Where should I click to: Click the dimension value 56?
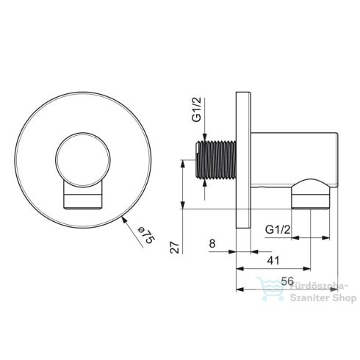click(287, 281)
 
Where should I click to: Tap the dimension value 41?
click(273, 261)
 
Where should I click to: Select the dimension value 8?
click(212, 243)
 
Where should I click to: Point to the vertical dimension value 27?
click(175, 248)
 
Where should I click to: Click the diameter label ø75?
click(146, 236)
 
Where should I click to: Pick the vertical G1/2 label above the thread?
click(196, 109)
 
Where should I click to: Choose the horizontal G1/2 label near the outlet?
click(278, 229)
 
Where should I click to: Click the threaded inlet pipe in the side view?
click(216, 160)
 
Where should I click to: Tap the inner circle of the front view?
click(83, 160)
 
